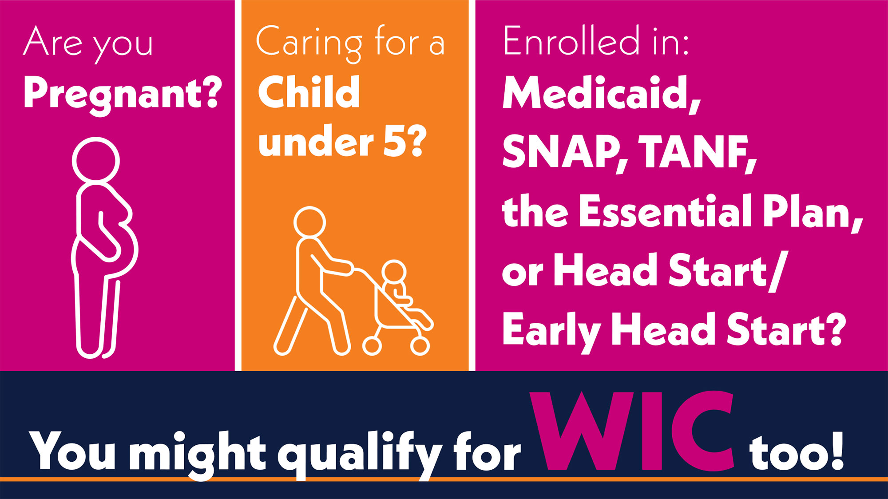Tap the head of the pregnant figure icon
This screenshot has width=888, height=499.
[x=96, y=160]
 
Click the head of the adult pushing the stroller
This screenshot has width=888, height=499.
[x=309, y=222]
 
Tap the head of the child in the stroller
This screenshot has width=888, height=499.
[x=394, y=272]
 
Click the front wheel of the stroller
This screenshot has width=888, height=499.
[x=420, y=346]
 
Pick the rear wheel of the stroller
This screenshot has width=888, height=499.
[x=372, y=346]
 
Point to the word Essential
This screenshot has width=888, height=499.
[x=666, y=212]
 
